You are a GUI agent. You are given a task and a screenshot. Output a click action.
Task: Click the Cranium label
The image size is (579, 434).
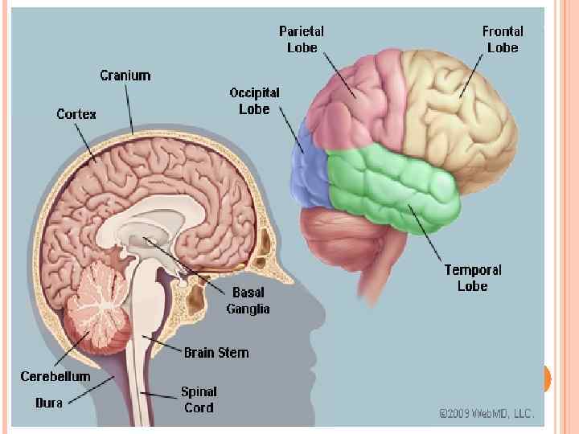125,76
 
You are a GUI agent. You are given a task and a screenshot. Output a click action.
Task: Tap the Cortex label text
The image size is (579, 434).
76,114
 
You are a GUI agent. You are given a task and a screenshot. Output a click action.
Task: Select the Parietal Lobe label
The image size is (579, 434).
302,39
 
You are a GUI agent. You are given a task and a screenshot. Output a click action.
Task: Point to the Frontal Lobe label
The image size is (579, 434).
503,39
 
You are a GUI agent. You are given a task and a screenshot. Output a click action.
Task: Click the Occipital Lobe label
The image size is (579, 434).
254,100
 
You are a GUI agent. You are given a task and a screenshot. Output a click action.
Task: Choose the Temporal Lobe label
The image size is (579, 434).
473,277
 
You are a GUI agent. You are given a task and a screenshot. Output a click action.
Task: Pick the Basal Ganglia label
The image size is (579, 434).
248,301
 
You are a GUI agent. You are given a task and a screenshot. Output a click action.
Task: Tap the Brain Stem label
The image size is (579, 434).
216,352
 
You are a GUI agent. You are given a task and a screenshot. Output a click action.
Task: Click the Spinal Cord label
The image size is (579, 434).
198,399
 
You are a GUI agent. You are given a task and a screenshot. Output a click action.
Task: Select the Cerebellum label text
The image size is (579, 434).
55,376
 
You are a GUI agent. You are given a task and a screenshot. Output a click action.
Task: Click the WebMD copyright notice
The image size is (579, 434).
486,413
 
